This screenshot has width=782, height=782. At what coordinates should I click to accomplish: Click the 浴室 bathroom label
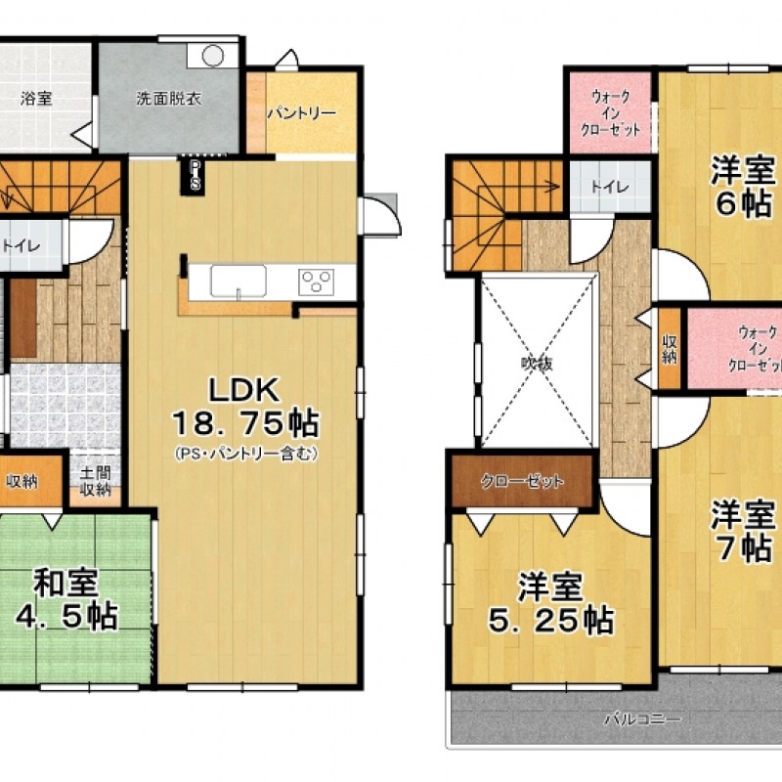click(36, 99)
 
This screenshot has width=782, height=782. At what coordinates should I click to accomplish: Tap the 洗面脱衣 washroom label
click(168, 99)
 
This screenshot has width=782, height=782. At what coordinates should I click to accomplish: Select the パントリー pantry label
click(302, 113)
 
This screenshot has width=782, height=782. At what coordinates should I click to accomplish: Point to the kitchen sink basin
click(239, 282)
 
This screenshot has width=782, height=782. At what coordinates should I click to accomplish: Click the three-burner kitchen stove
click(317, 282)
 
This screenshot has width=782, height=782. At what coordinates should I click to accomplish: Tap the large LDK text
click(243, 390)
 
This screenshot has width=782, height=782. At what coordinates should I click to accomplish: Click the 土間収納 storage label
click(95, 481)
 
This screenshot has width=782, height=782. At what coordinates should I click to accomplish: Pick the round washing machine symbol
click(213, 55)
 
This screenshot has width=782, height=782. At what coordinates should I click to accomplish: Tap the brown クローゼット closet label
click(523, 482)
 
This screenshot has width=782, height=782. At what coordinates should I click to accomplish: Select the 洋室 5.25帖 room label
click(550, 604)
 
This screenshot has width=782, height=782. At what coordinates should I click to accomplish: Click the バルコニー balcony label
click(643, 719)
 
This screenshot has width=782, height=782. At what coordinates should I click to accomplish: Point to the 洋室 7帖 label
click(744, 530)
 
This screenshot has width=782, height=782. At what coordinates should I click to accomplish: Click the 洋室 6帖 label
click(744, 186)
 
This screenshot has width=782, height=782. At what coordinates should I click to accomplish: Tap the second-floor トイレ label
click(610, 187)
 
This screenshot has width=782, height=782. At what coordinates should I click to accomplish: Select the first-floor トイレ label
click(21, 246)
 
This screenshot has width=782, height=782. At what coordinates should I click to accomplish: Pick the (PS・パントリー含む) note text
click(246, 454)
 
